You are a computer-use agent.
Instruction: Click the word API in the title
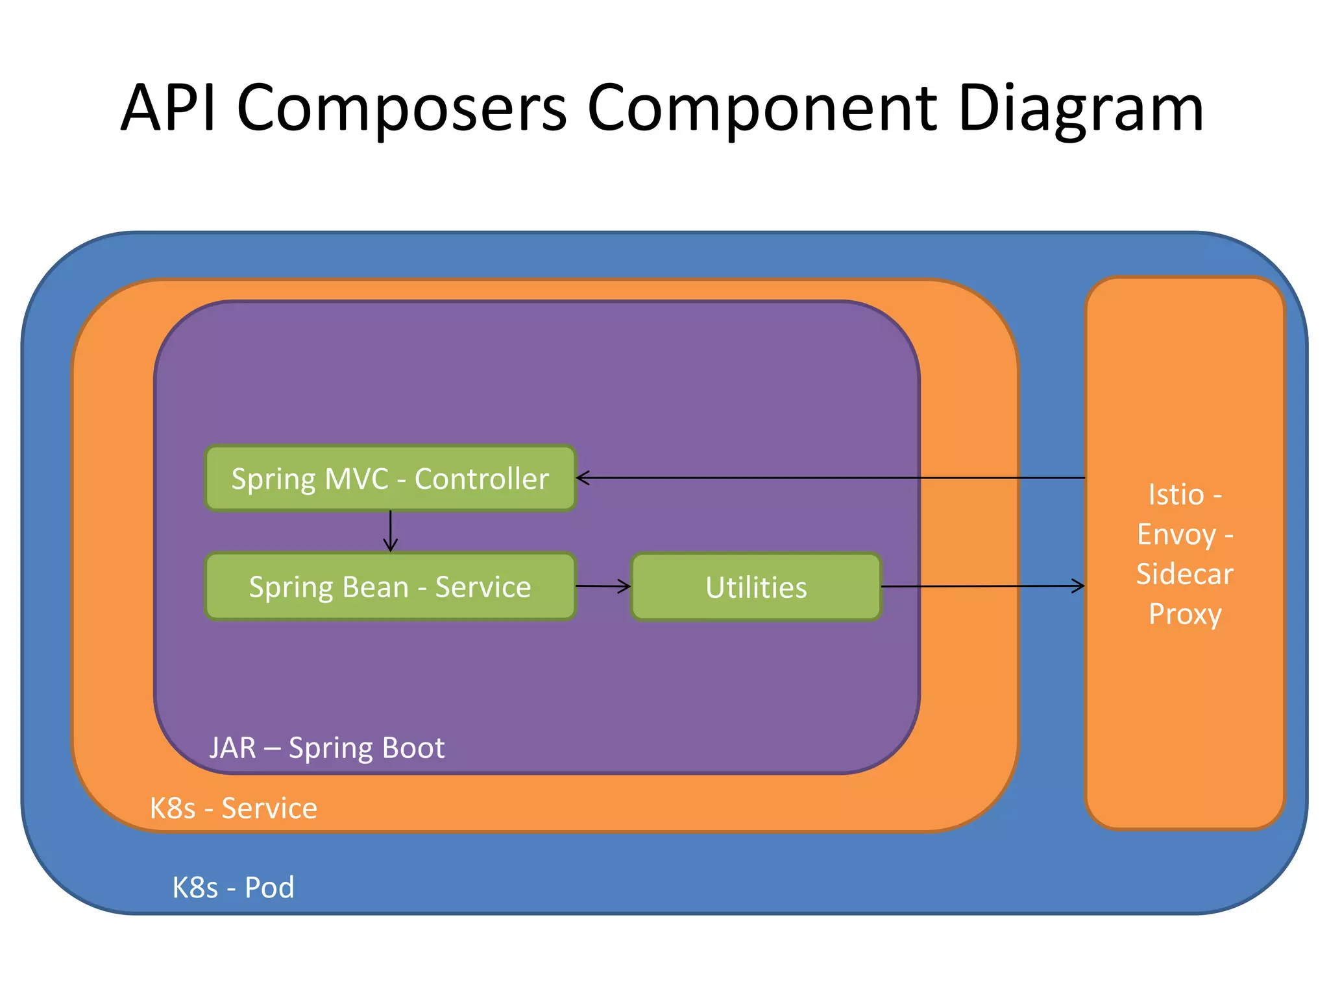(x=168, y=108)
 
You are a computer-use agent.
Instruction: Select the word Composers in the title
(x=402, y=108)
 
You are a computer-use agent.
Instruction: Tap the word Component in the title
(x=762, y=108)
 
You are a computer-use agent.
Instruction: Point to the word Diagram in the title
(x=1080, y=108)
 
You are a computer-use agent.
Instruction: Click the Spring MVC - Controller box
(x=390, y=479)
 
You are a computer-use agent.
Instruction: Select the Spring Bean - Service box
(x=390, y=587)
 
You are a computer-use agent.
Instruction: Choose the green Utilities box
(x=756, y=587)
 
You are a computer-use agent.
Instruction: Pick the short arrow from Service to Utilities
(x=603, y=586)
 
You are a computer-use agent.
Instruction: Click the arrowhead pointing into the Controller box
(x=582, y=478)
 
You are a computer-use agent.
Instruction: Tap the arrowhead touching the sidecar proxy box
(x=1079, y=586)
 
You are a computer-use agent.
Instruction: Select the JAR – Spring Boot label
(x=326, y=748)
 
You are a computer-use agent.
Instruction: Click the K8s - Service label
(x=233, y=808)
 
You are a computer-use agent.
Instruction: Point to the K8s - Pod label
(x=233, y=887)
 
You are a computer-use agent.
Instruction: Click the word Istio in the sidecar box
(x=1175, y=495)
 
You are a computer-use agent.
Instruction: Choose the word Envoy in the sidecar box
(x=1176, y=536)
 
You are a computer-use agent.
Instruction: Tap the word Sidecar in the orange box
(x=1184, y=575)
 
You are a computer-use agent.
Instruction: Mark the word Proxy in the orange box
(x=1185, y=614)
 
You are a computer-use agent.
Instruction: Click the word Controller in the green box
(x=482, y=479)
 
